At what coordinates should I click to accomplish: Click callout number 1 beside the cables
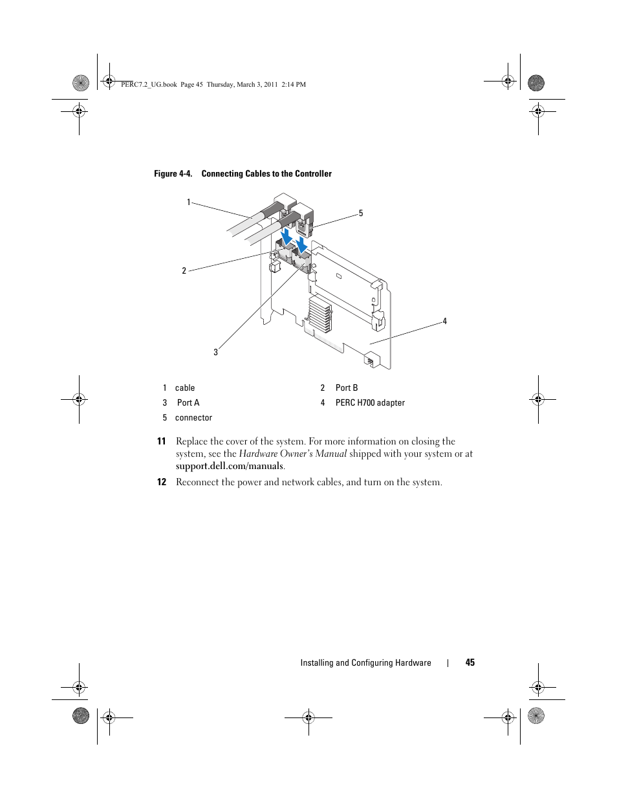coord(189,202)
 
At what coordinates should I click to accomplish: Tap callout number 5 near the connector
coord(361,213)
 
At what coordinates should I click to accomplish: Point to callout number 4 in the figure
coord(444,321)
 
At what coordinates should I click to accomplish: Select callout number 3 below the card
coord(216,353)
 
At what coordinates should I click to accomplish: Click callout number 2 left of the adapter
coord(184,271)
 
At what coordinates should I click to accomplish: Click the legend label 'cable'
coord(185,388)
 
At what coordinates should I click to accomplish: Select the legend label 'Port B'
coord(346,388)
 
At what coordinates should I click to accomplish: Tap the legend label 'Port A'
coord(188,403)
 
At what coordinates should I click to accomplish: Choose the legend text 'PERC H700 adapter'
coord(370,403)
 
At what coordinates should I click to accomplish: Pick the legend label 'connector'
coord(193,418)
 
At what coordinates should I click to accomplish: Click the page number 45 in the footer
coord(470,662)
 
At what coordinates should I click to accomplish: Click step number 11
coord(162,442)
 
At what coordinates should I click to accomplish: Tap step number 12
coord(162,483)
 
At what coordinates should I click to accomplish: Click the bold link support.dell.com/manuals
coord(230,466)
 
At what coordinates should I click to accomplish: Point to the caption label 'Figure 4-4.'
coord(173,174)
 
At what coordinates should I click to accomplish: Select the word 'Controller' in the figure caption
coord(313,174)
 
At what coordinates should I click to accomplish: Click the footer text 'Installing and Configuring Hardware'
coord(365,663)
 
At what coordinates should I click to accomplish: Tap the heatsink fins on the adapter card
coord(320,314)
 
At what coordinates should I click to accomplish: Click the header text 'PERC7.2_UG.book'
coord(149,85)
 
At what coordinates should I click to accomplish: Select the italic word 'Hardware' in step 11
coord(258,454)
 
